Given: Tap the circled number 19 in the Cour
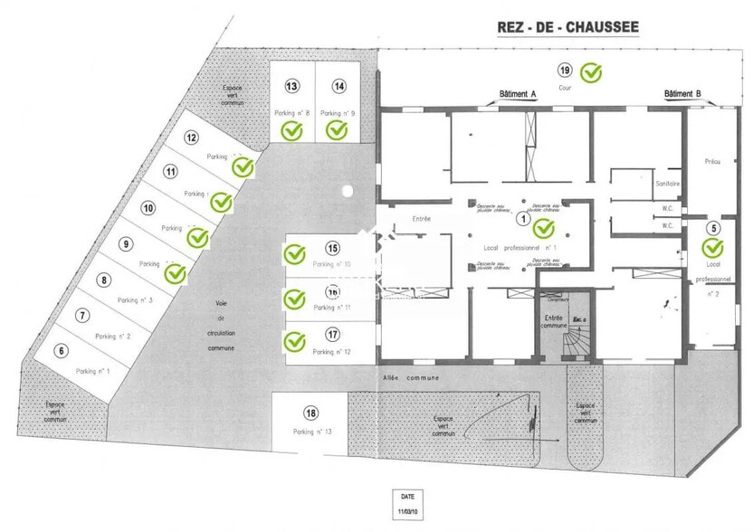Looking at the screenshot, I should point(564,71).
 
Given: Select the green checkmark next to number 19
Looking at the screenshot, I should point(591,71).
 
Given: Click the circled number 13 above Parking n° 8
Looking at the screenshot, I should point(291,87).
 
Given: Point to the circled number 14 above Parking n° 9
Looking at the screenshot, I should point(338,87).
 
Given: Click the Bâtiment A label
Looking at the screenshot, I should point(519,94).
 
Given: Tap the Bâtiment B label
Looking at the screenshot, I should point(682,94).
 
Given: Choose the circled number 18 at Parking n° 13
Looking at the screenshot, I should point(310,413).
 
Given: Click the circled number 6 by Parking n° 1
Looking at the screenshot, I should point(62,351).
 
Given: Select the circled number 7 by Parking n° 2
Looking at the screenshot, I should point(83,316).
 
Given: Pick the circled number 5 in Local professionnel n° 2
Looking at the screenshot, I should point(713,229).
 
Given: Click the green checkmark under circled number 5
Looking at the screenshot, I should point(713,247).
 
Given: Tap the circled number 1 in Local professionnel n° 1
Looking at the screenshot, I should point(521,218).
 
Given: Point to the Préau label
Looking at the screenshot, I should point(711,161).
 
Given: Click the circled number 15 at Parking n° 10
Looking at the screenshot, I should point(332,248).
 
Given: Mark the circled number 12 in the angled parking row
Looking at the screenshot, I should point(191,138).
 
